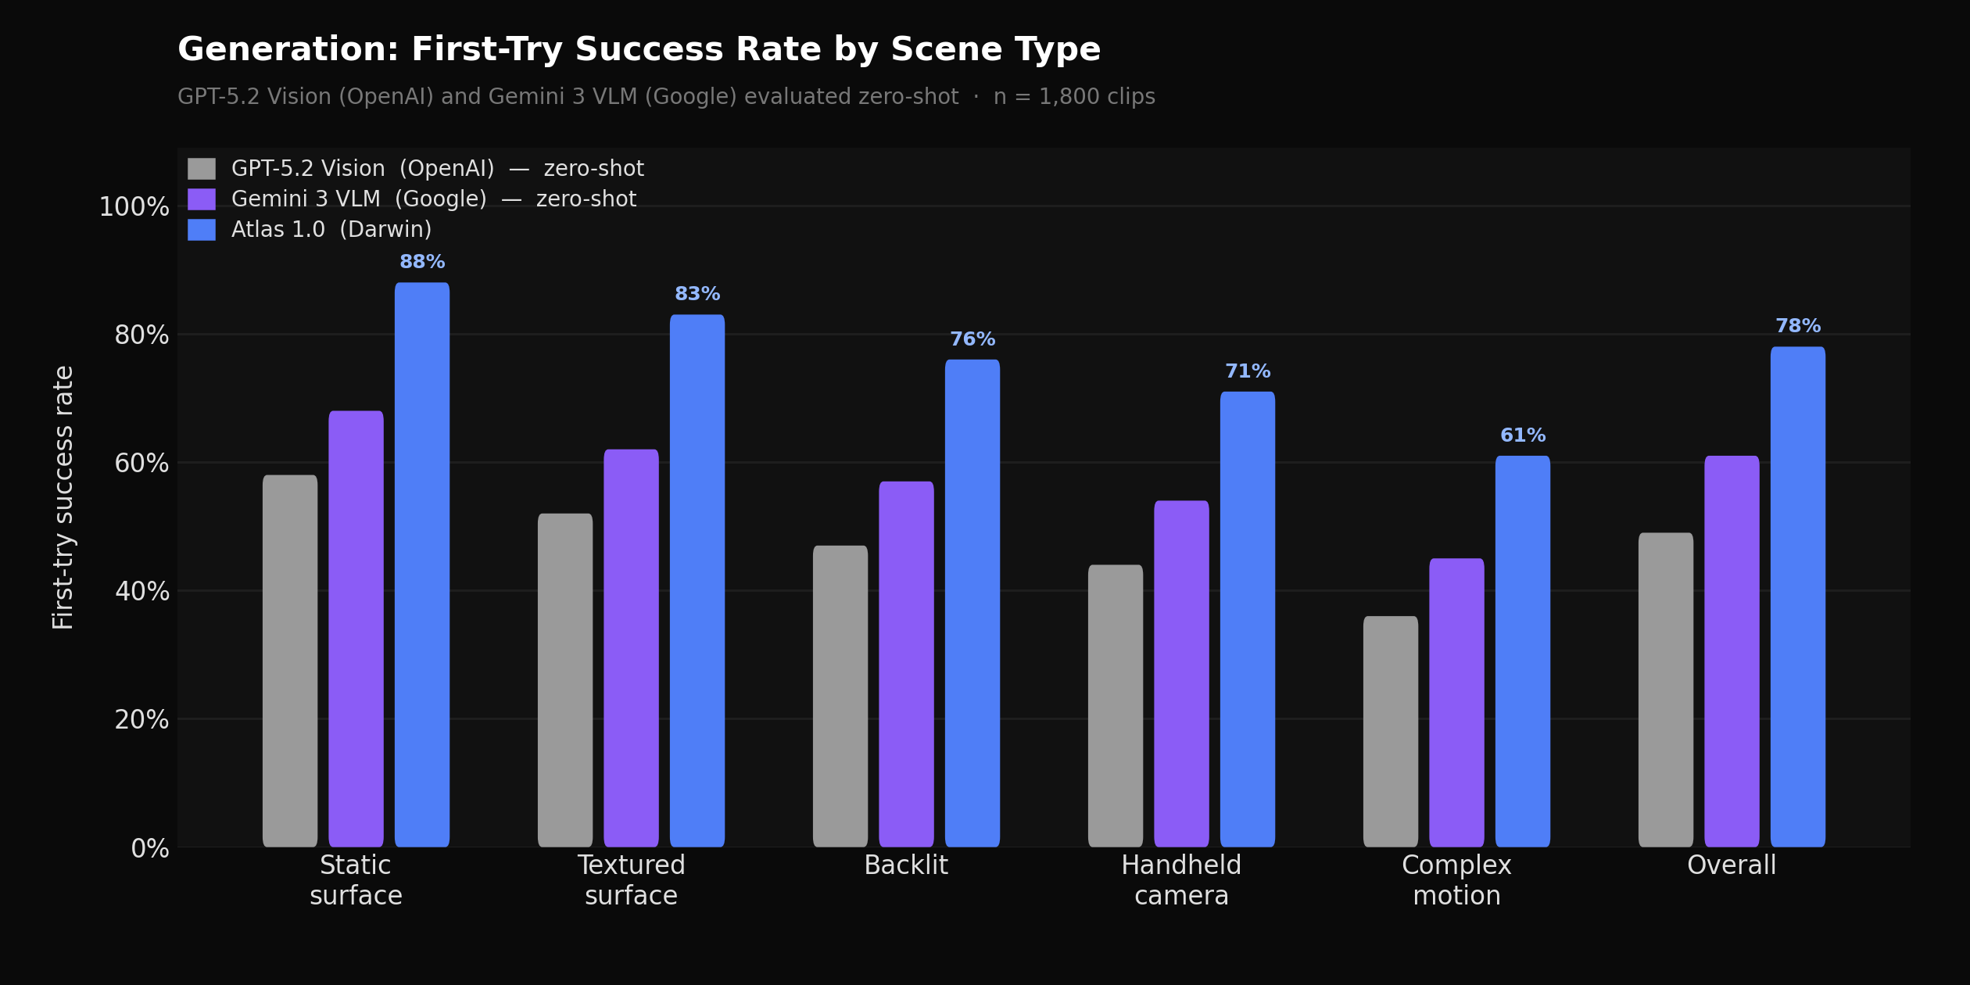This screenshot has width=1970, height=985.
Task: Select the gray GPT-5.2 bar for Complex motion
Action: tap(1391, 731)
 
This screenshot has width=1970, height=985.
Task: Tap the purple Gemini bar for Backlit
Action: tap(906, 664)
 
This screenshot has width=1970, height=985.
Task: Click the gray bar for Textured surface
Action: tap(565, 680)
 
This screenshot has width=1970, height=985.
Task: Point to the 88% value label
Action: tap(422, 262)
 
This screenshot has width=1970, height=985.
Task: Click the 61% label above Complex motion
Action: tap(1523, 435)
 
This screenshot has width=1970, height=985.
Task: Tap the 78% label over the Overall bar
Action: tap(1798, 326)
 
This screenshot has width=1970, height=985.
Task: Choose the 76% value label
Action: tap(972, 339)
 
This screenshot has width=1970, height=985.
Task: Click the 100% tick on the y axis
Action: tap(134, 207)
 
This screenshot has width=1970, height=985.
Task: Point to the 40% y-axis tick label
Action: tap(141, 592)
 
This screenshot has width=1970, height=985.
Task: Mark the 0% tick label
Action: tap(149, 849)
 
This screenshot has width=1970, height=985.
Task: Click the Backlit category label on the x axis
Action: tap(906, 865)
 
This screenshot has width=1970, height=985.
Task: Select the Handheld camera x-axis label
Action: tap(1181, 880)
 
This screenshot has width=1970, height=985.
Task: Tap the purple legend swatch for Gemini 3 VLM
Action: tap(202, 199)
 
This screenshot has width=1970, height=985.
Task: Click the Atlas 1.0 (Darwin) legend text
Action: tap(331, 230)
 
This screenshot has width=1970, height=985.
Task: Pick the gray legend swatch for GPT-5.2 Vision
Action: tap(202, 169)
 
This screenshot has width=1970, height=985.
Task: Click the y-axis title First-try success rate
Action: tap(63, 497)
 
